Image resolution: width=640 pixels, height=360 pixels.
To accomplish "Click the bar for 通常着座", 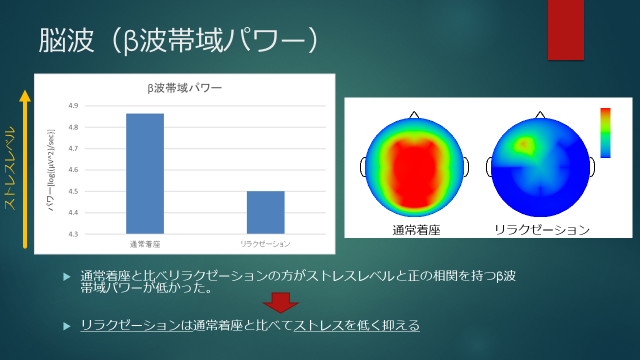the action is pos(145,173).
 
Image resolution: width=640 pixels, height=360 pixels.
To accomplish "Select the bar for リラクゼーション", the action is pos(265,212).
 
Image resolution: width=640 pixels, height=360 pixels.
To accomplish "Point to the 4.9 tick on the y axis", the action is pos(73,105).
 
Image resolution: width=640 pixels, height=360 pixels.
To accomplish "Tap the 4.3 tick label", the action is pos(73,234).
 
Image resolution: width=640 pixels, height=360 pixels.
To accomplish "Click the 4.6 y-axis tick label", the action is pos(73,169).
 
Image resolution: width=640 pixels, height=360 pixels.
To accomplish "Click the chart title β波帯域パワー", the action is pos(184,88).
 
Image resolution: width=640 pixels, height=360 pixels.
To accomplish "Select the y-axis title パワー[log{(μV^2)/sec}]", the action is pos(51,170).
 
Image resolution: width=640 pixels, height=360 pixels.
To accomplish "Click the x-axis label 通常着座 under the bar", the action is pos(145,244).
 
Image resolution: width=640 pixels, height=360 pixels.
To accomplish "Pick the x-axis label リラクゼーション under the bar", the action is pos(265,244).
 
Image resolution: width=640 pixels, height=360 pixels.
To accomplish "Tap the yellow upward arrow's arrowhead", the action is pos(25,95).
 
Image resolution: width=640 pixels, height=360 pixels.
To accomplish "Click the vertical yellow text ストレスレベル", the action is pos(9,168).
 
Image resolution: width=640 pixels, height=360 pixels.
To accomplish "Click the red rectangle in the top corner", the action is pos(565,29).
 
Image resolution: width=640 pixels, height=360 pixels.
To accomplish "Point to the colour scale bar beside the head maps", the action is pos(605,133).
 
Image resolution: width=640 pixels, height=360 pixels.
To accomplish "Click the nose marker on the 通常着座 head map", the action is pos(414,115).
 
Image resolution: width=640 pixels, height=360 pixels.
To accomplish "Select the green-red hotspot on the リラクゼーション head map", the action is pos(523,145).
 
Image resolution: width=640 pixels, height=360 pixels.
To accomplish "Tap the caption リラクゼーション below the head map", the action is pos(542,229).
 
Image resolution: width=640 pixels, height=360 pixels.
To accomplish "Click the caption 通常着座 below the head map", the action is pos(416,230).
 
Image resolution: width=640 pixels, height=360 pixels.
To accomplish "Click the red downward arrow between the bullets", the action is pos(280,303).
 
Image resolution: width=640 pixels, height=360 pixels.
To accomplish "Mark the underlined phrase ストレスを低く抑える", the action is pos(356,325).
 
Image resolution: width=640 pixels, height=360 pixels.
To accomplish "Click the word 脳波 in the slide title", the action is pos(66,40).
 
